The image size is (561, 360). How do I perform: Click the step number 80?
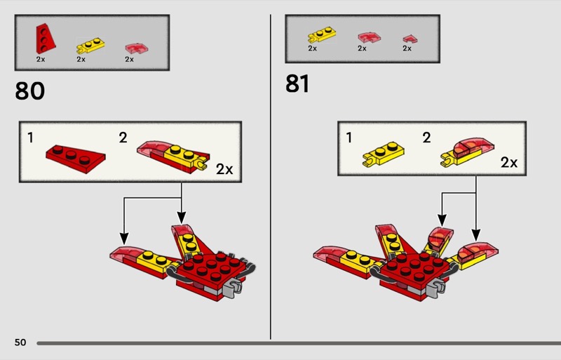[x=29, y=91]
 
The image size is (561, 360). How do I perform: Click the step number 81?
[x=297, y=84]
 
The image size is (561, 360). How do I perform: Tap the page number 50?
[x=20, y=342]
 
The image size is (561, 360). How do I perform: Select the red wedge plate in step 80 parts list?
[x=45, y=39]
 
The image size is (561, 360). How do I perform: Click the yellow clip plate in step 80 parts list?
[x=90, y=46]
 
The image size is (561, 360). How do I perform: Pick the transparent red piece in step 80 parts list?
[x=137, y=48]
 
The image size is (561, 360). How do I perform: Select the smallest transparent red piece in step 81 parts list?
[x=410, y=39]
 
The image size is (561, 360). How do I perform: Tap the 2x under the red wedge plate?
[x=41, y=59]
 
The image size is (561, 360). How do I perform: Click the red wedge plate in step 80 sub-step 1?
[x=76, y=159]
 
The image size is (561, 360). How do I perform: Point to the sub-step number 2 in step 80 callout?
[x=123, y=138]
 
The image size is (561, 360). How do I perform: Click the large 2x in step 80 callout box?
[x=224, y=168]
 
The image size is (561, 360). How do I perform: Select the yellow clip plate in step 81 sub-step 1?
[x=384, y=154]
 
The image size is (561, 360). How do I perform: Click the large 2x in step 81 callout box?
[x=509, y=162]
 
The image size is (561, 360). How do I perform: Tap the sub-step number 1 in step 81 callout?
[x=349, y=138]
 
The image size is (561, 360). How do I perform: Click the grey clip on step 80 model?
[x=233, y=287]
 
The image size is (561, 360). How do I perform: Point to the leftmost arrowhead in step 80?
[x=124, y=239]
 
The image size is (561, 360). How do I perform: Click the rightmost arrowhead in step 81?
[x=476, y=235]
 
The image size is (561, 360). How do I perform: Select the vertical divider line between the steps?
[x=271, y=177]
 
